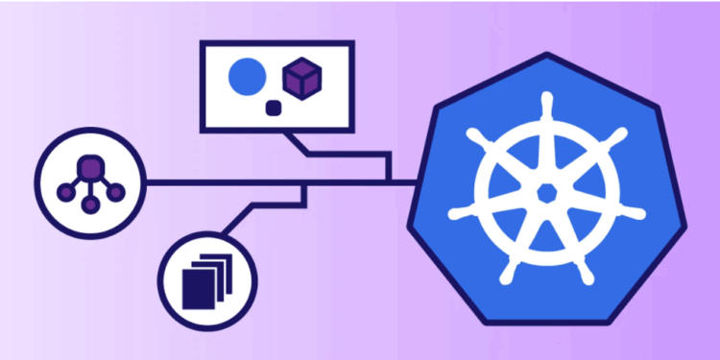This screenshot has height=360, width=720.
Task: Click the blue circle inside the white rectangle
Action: pos(247,76)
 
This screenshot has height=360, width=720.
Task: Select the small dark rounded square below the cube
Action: pos(273,108)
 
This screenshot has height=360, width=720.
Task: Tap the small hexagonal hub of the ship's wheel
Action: pos(547,193)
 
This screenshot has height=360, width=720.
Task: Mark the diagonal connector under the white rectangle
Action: pos(300,141)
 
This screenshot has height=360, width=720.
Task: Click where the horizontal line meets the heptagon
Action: pos(417,180)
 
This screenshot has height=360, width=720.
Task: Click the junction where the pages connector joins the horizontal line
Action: pos(304,181)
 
